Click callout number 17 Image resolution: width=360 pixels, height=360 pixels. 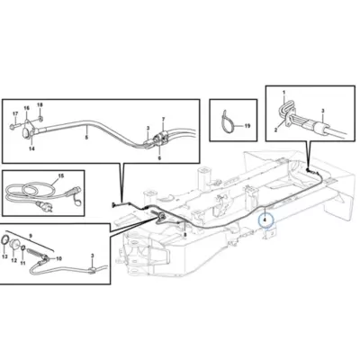coord(15,113)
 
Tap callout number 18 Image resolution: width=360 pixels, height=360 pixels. coord(40,104)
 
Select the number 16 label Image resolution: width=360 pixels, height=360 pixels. coord(27,108)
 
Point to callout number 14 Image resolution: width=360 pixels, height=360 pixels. coord(31,148)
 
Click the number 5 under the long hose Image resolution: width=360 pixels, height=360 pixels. coord(86,137)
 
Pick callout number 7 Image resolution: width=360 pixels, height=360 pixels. coord(164,119)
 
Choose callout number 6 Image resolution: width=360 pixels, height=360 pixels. coord(159,157)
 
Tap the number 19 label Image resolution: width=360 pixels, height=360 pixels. coord(247,126)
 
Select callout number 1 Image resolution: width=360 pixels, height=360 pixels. coord(283,91)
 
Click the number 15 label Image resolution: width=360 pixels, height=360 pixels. coord(61,175)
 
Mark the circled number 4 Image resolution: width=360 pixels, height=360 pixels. coord(265,220)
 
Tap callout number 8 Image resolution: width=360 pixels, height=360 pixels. coord(184,235)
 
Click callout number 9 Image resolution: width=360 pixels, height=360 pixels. coord(31,236)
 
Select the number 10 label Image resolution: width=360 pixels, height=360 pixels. coord(58,258)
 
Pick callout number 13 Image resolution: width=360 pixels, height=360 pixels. coord(4,256)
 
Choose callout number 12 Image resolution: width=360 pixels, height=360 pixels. coord(14,260)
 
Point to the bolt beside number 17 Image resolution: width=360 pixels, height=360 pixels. coord(13,127)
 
